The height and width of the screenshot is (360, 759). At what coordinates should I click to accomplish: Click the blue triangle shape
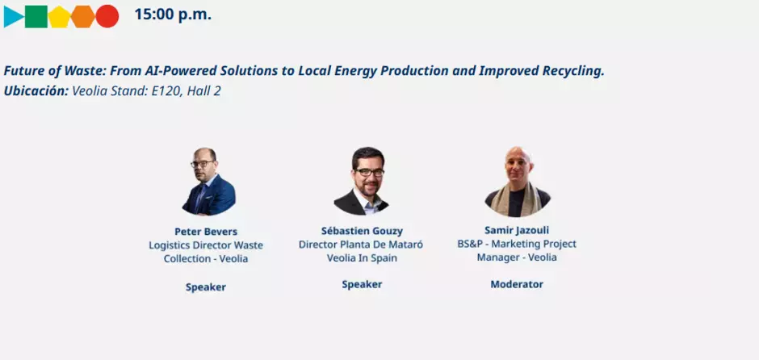12,16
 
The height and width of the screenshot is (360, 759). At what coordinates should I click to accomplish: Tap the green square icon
36,16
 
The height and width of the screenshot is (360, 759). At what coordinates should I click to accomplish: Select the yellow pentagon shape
59,17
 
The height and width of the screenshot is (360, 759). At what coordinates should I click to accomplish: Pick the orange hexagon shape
83,16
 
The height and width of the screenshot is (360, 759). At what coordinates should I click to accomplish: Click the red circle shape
107,16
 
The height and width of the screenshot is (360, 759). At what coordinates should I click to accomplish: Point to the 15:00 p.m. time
173,15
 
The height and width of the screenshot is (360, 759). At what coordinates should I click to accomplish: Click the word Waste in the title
89,71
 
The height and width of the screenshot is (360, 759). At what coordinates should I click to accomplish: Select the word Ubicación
36,91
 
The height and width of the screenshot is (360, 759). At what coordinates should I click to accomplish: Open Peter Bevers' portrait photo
208,182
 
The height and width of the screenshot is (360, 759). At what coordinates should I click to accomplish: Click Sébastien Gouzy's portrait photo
361,181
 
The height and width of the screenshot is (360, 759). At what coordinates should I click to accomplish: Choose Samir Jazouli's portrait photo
518,182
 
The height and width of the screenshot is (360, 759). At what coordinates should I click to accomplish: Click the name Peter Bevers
206,232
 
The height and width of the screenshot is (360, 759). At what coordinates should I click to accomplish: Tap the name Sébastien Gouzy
362,230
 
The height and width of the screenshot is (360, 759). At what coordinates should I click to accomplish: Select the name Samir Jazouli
517,230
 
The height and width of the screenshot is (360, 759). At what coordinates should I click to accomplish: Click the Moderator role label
517,284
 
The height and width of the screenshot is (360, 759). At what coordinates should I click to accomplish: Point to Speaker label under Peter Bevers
206,287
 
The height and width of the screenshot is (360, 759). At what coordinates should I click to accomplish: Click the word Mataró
407,245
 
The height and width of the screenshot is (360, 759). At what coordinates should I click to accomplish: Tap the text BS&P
470,244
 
